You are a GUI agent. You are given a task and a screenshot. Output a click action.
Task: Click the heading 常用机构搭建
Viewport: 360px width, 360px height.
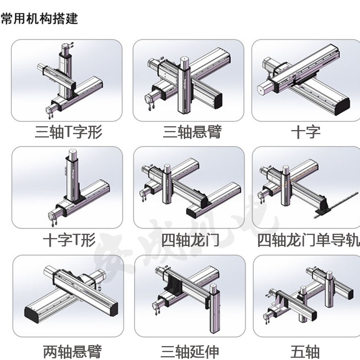[39, 19]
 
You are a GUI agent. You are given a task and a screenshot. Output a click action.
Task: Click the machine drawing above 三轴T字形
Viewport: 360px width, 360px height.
[67, 80]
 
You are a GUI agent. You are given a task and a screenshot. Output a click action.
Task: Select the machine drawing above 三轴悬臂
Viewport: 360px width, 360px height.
[189, 80]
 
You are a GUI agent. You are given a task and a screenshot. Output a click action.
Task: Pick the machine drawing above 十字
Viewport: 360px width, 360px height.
[306, 80]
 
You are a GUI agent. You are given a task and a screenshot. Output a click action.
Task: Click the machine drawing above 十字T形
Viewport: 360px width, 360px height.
[67, 187]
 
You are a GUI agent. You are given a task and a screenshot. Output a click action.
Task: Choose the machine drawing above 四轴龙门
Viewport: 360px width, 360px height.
[189, 187]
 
